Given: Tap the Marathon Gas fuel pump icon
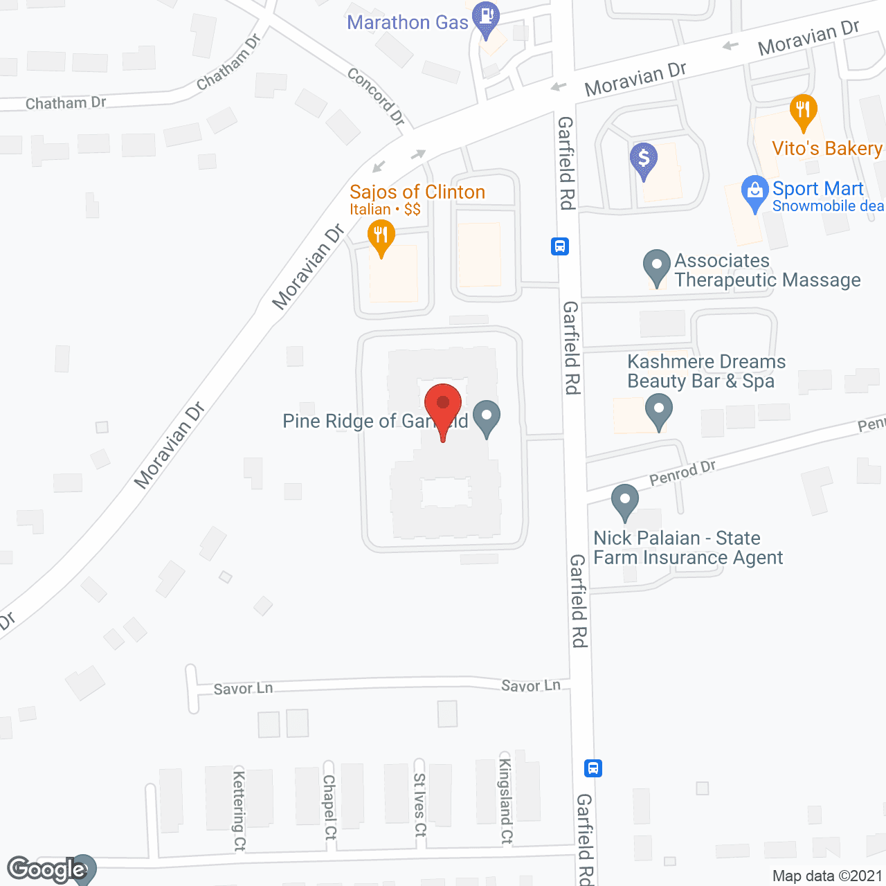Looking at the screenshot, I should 487,16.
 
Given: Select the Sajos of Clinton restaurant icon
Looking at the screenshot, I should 381,235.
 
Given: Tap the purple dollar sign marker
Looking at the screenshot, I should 644,159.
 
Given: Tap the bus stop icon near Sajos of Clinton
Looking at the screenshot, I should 560,246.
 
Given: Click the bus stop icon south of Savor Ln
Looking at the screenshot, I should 593,768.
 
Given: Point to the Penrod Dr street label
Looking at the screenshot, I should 682,473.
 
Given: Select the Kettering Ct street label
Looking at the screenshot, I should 239,810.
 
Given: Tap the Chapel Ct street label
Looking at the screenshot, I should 329,806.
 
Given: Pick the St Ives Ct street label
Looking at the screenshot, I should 419,805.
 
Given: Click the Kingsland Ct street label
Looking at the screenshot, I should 506,802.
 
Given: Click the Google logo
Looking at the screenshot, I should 46,869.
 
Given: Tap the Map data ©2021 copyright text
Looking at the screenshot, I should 827,876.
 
